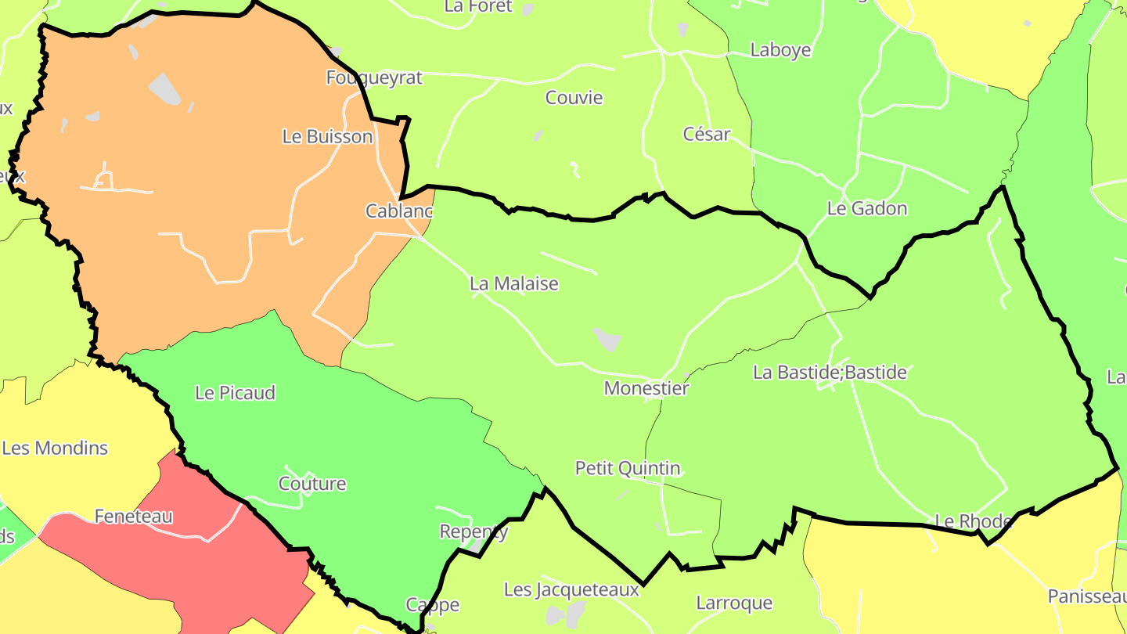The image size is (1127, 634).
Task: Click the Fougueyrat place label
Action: click(x=373, y=77)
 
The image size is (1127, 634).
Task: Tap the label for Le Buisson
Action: click(x=327, y=136)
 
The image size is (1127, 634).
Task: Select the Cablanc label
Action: click(x=399, y=211)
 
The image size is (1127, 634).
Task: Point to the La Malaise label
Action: click(x=514, y=283)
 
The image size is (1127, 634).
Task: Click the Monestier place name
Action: click(x=646, y=388)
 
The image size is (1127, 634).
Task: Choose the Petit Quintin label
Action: click(x=628, y=468)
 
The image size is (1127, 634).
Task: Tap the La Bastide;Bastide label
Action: click(x=830, y=373)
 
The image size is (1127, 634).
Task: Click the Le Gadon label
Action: click(x=867, y=208)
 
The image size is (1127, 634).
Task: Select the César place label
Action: click(x=707, y=134)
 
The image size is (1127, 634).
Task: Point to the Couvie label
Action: click(x=574, y=98)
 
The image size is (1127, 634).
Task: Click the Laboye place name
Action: click(x=780, y=50)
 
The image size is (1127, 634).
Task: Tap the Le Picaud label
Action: click(x=235, y=393)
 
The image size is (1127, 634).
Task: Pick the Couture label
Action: click(x=312, y=484)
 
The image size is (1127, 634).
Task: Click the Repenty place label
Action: click(x=473, y=532)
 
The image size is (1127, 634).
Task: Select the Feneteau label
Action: click(x=133, y=517)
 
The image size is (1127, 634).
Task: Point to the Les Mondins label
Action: click(x=55, y=448)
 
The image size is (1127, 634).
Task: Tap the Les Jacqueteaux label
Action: click(x=571, y=589)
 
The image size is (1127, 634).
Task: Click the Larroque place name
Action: click(x=734, y=603)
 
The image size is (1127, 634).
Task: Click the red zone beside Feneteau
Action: click(x=227, y=571)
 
